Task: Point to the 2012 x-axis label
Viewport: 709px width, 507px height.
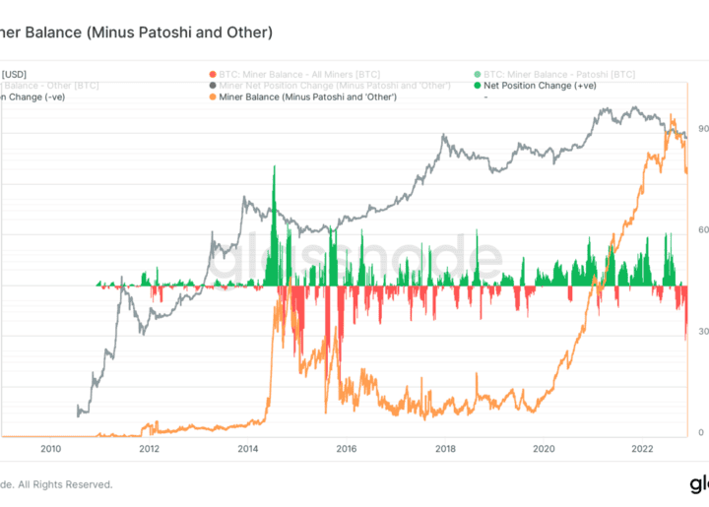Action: click(x=149, y=448)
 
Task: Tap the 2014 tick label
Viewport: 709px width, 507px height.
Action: click(x=247, y=448)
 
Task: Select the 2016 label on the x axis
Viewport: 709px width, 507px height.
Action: click(x=346, y=448)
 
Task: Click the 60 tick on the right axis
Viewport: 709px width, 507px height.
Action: click(x=702, y=229)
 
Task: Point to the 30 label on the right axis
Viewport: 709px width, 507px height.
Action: click(x=702, y=332)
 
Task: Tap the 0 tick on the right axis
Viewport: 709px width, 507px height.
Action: click(x=700, y=433)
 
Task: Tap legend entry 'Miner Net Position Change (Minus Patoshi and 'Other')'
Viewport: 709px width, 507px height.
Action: click(x=328, y=86)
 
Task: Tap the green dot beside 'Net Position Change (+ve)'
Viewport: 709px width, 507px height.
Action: click(x=475, y=86)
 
